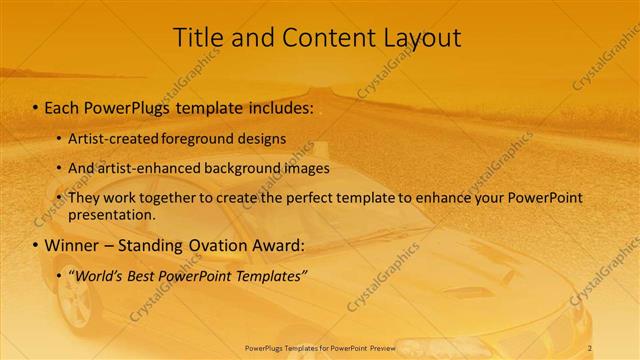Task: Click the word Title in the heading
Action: click(x=198, y=38)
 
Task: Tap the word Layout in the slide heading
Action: click(x=421, y=38)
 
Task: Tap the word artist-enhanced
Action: click(x=146, y=168)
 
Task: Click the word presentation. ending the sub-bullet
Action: click(x=112, y=214)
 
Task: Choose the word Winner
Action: click(x=71, y=245)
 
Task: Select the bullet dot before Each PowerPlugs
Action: click(x=36, y=107)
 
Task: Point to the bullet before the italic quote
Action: click(x=60, y=276)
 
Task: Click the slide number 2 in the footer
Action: click(x=590, y=347)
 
